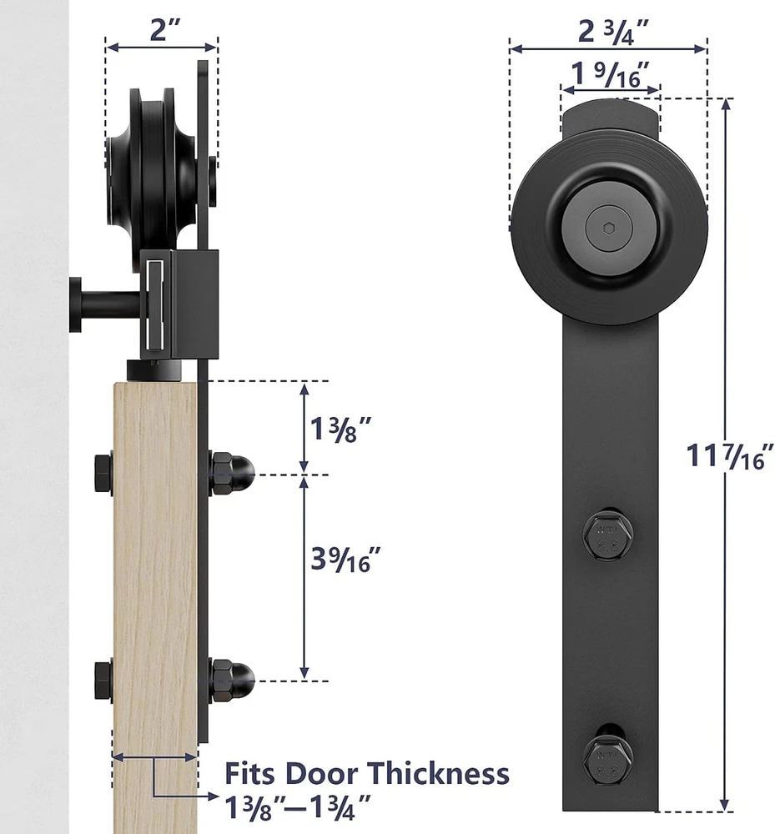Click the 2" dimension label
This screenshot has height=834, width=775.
165,29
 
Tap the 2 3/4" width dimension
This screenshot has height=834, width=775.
613,32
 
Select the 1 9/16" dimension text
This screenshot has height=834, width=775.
610,74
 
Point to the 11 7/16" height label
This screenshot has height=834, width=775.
729,456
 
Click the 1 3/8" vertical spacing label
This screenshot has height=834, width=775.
340,429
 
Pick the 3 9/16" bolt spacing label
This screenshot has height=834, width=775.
345,559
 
